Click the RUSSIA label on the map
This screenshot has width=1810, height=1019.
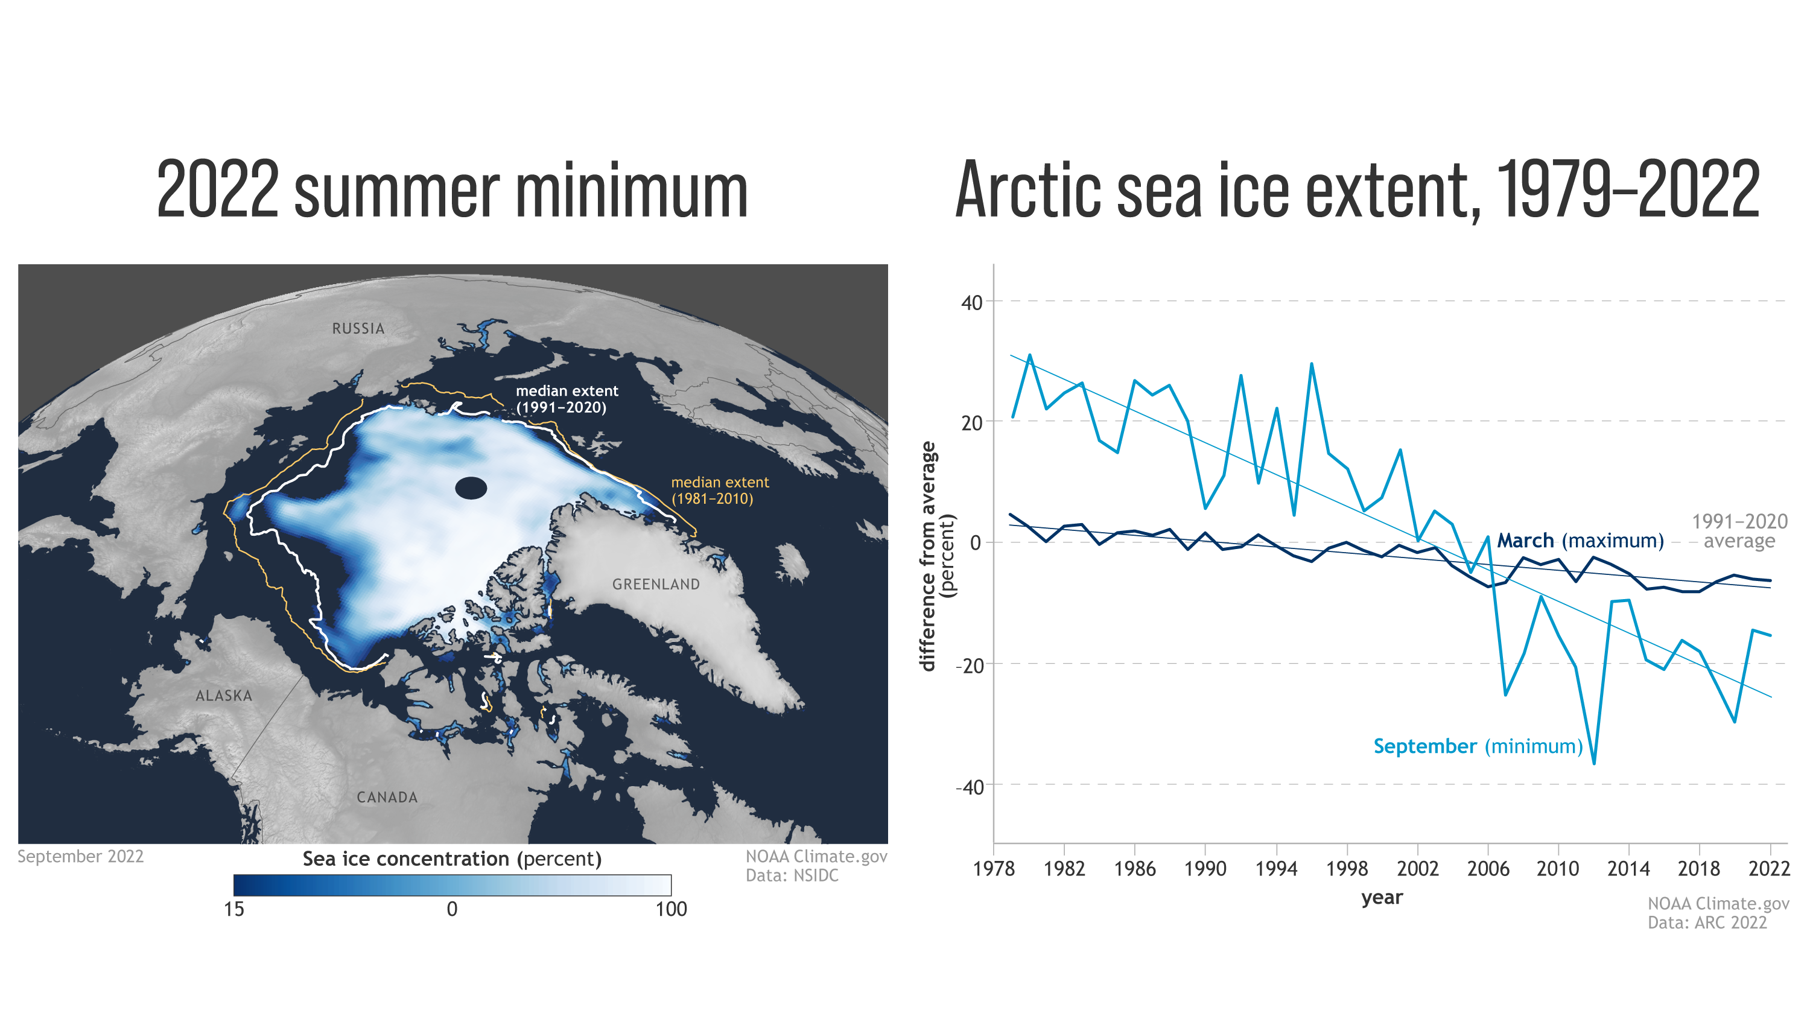(x=358, y=328)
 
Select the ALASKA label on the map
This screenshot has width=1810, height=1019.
(x=223, y=696)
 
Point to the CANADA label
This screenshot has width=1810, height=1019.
(x=387, y=798)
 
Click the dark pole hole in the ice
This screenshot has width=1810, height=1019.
(x=471, y=487)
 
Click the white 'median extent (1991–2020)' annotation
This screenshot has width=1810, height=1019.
(x=567, y=399)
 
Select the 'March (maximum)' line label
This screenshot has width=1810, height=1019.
(x=1580, y=541)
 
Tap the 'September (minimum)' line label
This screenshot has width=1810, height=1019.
(x=1477, y=746)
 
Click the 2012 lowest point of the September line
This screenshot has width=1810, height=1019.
(x=1593, y=763)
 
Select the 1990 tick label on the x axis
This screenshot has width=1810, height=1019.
(x=1205, y=869)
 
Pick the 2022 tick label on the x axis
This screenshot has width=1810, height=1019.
(x=1768, y=869)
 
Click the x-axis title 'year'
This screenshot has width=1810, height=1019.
(x=1382, y=898)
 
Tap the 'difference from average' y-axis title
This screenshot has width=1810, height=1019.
(x=928, y=556)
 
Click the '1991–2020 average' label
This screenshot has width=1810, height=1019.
(x=1739, y=532)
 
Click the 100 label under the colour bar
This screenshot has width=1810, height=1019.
(x=670, y=909)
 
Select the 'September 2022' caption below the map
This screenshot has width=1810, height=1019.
(x=80, y=857)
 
